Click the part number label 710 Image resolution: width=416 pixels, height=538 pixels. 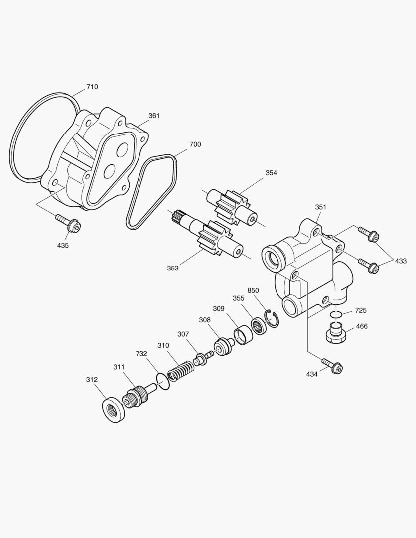pos(92,87)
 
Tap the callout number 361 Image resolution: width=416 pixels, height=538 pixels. pos(154,116)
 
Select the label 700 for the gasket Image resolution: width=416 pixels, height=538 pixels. pos(195,144)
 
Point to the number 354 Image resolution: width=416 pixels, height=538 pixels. pos(271,173)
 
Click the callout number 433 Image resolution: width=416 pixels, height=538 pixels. pos(401,261)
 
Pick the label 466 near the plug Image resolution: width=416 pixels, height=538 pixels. pos(361,326)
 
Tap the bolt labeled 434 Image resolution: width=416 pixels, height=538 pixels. pos(332,365)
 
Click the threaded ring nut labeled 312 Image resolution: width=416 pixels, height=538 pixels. pos(114,409)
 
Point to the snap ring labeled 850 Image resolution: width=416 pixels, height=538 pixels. pos(272,319)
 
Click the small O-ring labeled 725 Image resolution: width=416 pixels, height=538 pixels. pos(335,314)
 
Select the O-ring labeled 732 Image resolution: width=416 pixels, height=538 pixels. pos(163,382)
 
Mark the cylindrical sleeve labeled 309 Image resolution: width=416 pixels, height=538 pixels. pos(243,336)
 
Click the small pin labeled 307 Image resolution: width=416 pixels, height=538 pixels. pos(202,358)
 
